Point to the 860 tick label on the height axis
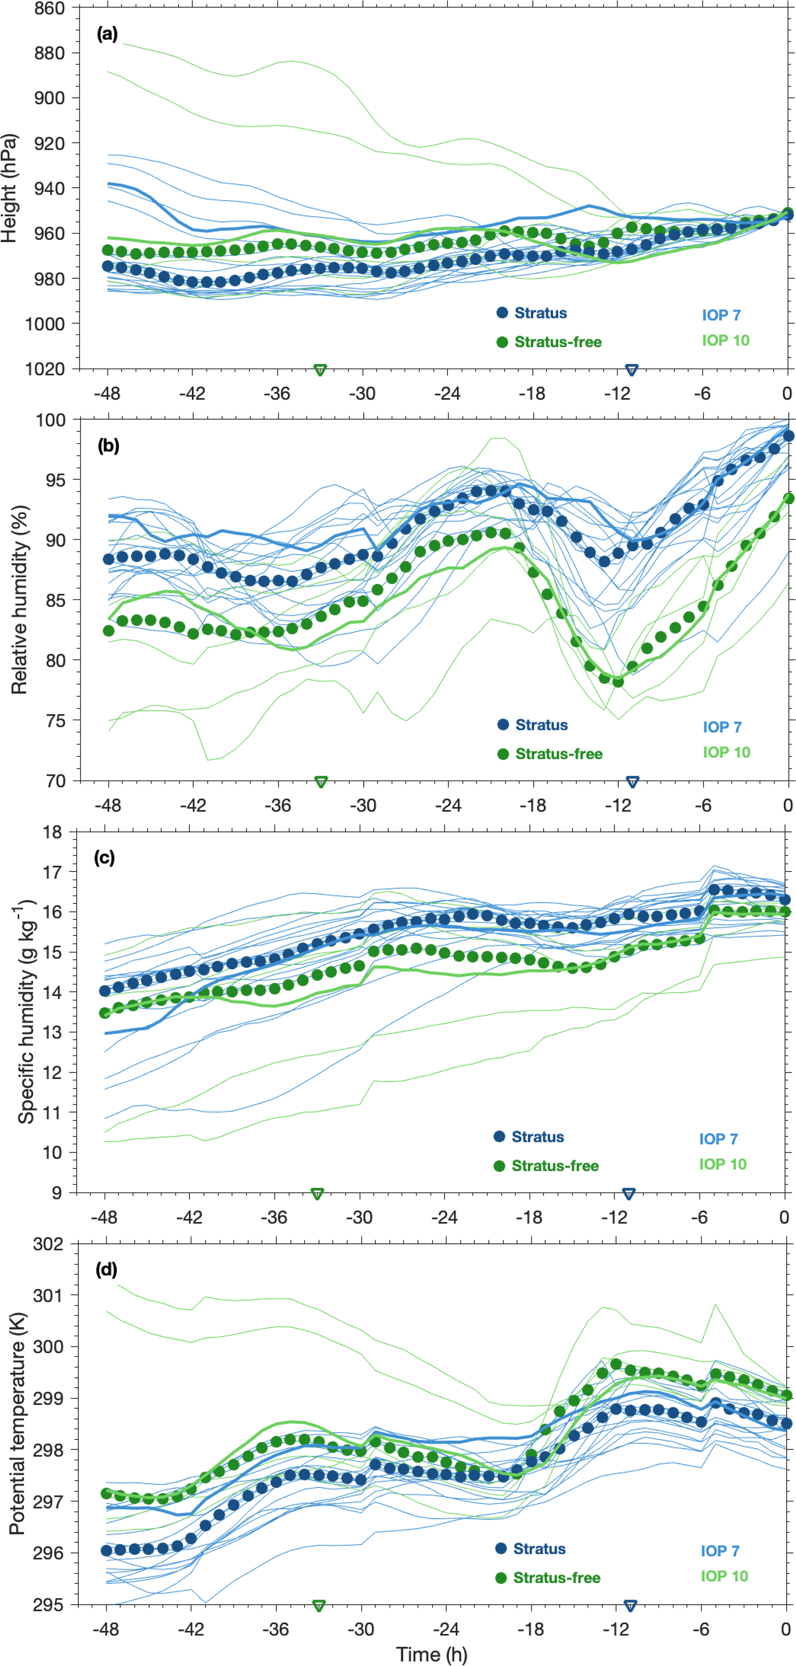(49, 8)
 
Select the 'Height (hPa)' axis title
(9, 188)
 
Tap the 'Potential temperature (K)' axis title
(17, 1423)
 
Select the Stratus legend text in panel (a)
(541, 313)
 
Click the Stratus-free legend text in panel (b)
(559, 753)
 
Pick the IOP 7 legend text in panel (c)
(718, 1139)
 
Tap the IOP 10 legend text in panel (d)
(724, 1576)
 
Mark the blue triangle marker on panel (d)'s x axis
(630, 1605)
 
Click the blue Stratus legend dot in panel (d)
(501, 1548)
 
